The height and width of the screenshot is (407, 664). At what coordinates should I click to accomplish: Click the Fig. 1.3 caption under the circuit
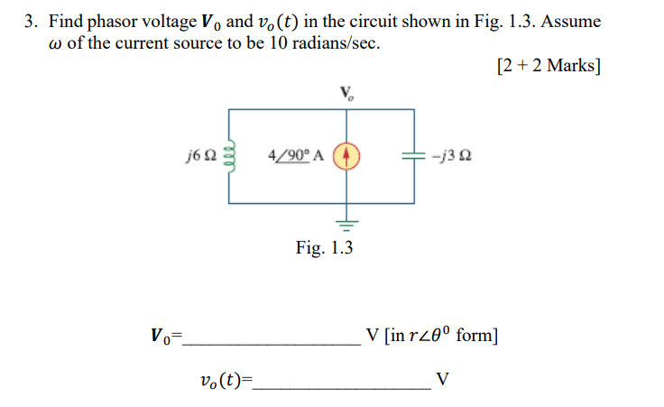[325, 247]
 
